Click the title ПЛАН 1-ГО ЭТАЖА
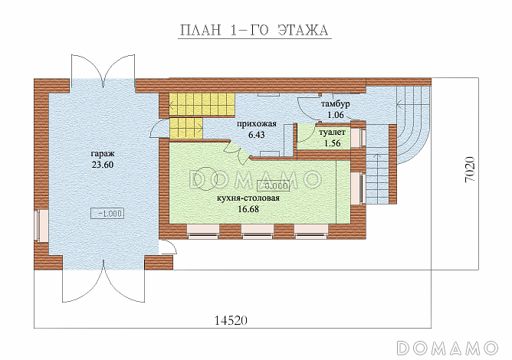point(254,30)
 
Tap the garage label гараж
point(103,153)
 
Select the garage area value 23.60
point(103,165)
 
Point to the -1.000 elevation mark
point(107,214)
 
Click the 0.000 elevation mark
point(274,185)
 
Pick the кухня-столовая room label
point(248,198)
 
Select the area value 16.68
point(248,209)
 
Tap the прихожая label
point(257,124)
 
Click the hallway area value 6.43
point(257,135)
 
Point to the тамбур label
point(336,104)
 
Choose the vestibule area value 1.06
point(336,115)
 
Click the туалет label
point(333,133)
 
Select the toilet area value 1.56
point(333,143)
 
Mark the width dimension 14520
point(231,320)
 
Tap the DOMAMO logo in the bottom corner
point(448,347)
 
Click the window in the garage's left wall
point(41,225)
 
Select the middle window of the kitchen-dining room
point(258,232)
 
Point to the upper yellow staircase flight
point(202,104)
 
